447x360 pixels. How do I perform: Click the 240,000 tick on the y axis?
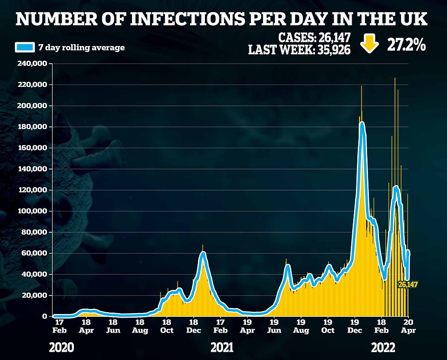pos(34,64)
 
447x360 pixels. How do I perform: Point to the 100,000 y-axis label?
pos(34,211)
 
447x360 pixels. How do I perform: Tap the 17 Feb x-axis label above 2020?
pos(59,326)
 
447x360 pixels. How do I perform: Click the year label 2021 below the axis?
pos(222,347)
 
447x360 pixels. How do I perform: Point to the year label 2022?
pos(383,347)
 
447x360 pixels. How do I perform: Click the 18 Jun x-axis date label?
pos(113,326)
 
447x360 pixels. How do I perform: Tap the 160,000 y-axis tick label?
pos(34,148)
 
